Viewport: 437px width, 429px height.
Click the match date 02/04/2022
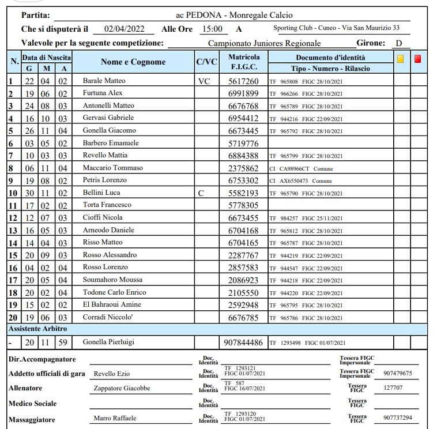tap(125, 29)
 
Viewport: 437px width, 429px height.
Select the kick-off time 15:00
tap(212, 29)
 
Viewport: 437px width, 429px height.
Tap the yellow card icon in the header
tap(400, 58)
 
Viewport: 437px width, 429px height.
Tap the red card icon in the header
tap(417, 58)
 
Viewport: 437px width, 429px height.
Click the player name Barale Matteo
tap(104, 81)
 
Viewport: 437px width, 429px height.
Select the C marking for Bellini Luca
tap(200, 193)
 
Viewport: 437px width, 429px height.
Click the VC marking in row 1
tap(204, 81)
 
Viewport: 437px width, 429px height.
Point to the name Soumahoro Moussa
tap(113, 280)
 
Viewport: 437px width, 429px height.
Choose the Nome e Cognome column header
tap(133, 62)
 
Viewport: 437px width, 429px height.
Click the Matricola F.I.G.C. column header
tap(244, 62)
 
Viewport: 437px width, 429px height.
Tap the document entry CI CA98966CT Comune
tap(301, 168)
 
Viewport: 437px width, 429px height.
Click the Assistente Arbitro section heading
tap(37, 329)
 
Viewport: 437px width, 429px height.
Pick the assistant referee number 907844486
tap(243, 342)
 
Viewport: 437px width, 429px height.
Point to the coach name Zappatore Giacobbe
tap(122, 389)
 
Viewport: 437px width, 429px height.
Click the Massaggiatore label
tap(33, 418)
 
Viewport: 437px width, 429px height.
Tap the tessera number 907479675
tap(398, 373)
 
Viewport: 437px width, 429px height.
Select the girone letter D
tap(398, 43)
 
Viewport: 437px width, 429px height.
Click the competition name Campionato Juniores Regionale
tap(264, 43)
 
